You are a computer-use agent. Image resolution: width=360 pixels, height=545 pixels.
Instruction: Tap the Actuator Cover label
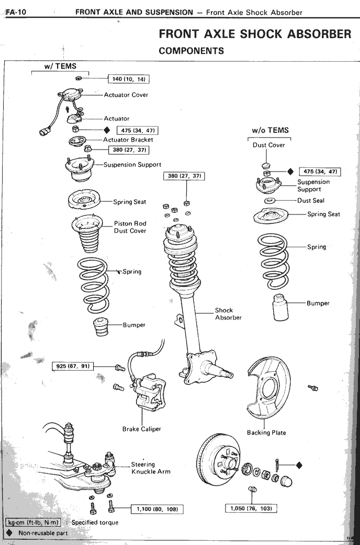(126, 95)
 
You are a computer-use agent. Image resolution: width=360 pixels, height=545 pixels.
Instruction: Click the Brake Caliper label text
(141, 429)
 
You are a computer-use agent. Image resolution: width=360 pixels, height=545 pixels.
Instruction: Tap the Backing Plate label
(266, 433)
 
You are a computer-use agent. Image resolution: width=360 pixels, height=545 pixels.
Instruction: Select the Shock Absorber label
(228, 314)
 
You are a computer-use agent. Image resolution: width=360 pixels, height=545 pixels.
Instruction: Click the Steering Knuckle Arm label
(150, 468)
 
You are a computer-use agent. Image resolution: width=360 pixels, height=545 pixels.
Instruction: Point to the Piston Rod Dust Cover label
(130, 227)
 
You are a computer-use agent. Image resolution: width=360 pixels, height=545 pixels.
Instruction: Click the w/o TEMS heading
(270, 131)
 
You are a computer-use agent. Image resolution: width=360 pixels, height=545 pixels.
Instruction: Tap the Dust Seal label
(310, 200)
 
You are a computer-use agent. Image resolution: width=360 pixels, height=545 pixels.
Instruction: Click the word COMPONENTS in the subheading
(191, 51)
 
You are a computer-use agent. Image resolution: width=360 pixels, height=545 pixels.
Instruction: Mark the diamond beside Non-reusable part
(9, 533)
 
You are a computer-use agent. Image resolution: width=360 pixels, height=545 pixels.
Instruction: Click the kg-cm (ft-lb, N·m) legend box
(33, 522)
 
